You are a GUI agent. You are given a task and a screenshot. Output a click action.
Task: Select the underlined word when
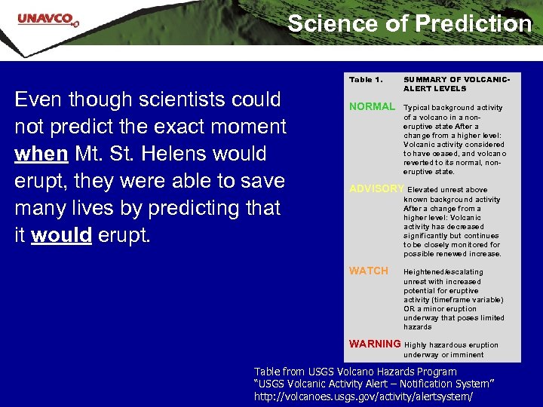coord(41,154)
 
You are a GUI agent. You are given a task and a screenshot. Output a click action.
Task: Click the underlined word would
coord(61,235)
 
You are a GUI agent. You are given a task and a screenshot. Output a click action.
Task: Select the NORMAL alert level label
coord(372,107)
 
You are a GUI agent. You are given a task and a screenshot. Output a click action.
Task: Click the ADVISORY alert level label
coord(376,188)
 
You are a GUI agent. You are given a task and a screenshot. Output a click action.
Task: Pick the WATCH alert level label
coord(369,271)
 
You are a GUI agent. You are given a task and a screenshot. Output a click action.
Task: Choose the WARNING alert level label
coord(375,344)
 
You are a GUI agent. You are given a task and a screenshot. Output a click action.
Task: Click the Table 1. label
coord(366,79)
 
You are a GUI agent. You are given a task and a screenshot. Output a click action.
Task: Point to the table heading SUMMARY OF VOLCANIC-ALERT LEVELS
coord(457,84)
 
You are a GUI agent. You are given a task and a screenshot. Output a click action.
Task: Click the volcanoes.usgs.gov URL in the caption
coord(364,396)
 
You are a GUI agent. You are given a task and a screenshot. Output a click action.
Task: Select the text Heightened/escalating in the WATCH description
coord(443,272)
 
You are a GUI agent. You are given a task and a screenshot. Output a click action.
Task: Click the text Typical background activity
coord(453,108)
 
